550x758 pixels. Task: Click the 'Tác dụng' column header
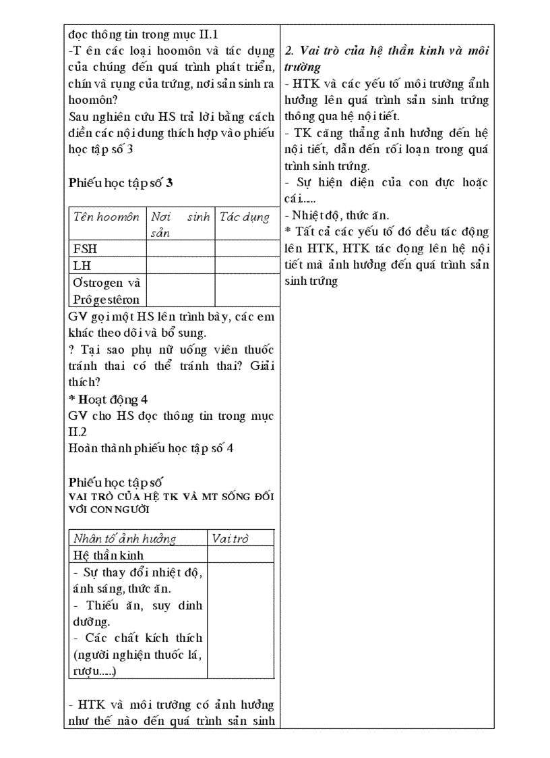pyautogui.click(x=244, y=217)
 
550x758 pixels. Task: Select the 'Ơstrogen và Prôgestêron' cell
pyautogui.click(x=106, y=291)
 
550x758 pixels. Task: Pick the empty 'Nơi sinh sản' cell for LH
pyautogui.click(x=180, y=265)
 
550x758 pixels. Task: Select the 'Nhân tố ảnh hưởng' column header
pyautogui.click(x=125, y=538)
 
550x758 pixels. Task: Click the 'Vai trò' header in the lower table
pyautogui.click(x=230, y=538)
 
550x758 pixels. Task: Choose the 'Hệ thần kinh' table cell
pyautogui.click(x=109, y=555)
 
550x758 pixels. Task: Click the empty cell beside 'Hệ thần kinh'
pyautogui.click(x=240, y=555)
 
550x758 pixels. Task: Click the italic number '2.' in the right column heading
pyautogui.click(x=290, y=51)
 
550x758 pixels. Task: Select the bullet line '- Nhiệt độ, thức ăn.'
pyautogui.click(x=336, y=215)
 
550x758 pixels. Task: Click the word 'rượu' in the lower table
pyautogui.click(x=84, y=670)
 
